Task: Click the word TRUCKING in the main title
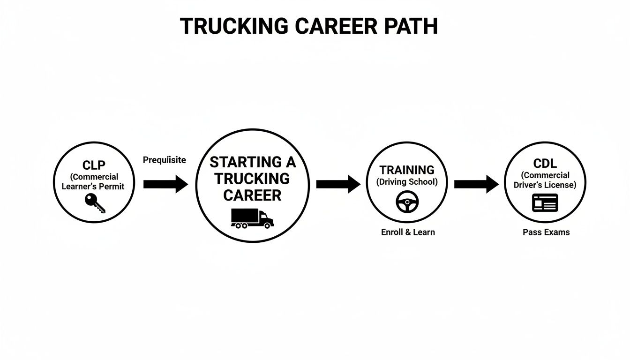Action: click(235, 26)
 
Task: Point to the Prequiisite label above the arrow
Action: click(164, 160)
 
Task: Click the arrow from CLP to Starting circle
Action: click(165, 184)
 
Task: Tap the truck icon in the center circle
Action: click(252, 218)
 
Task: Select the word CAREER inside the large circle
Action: click(252, 195)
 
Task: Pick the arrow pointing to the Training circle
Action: click(338, 184)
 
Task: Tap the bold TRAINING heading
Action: click(407, 170)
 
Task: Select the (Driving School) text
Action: click(407, 182)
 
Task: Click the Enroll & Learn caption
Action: click(407, 232)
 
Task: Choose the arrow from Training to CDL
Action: click(476, 184)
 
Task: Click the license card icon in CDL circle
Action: click(545, 202)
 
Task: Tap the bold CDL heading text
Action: click(545, 164)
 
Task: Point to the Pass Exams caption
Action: click(546, 232)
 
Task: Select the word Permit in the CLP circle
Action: click(114, 187)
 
